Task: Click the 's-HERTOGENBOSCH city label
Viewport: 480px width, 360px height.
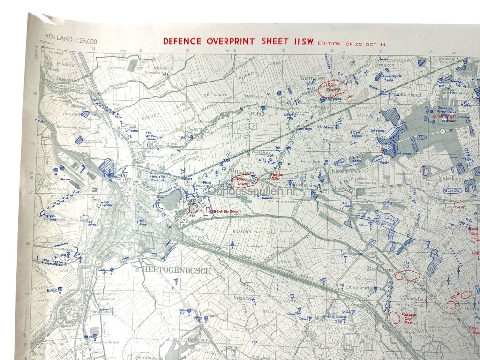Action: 180,271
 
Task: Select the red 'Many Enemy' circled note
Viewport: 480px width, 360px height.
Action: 244,180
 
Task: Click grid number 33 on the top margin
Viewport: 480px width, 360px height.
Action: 187,50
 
